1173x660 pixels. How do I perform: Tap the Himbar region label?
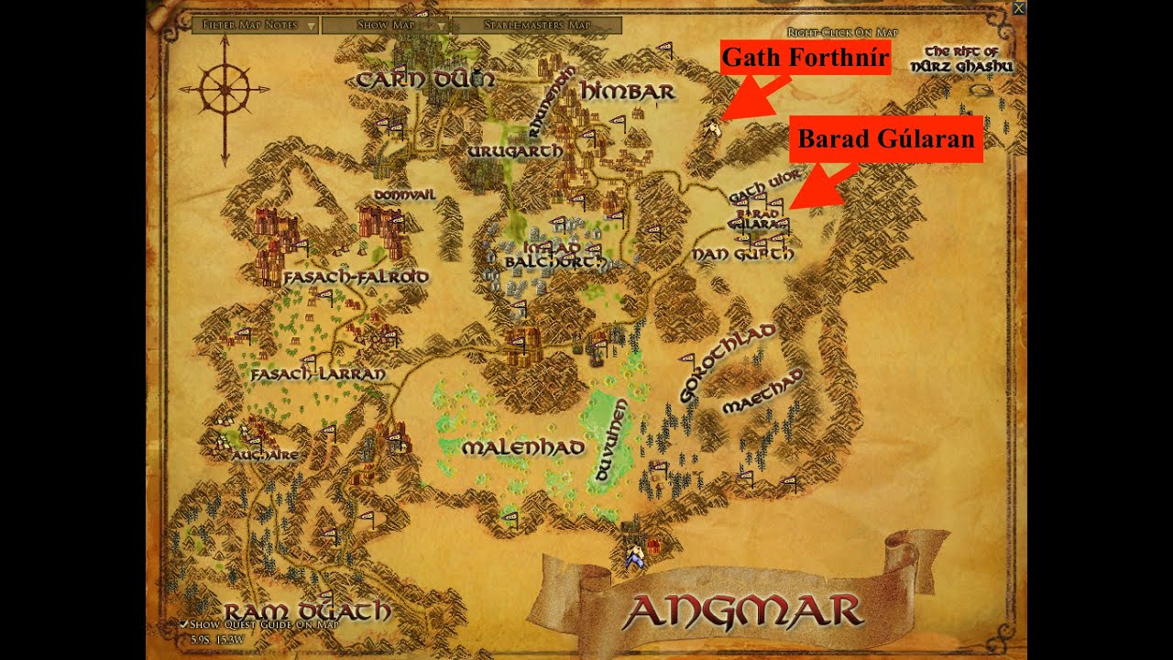click(x=628, y=92)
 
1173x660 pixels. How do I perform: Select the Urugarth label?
click(x=515, y=151)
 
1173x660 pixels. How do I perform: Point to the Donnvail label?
click(x=404, y=195)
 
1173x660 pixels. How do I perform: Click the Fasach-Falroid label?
click(x=356, y=276)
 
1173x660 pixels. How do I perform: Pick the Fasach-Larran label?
click(x=318, y=374)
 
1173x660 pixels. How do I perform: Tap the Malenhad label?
click(x=523, y=448)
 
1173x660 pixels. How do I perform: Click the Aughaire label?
click(x=265, y=455)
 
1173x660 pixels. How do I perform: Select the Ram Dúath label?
click(x=308, y=611)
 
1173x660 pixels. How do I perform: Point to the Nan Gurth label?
click(x=743, y=254)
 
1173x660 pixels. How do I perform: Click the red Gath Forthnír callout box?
click(x=806, y=59)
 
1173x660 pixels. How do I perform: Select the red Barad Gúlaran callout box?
click(x=886, y=139)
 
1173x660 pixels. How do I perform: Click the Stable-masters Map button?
click(x=537, y=26)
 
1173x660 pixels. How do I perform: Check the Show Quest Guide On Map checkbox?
click(x=184, y=624)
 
